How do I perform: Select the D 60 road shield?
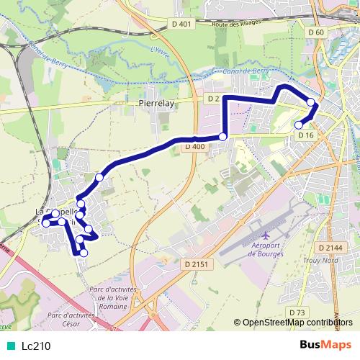(315, 32)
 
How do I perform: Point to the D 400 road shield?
(194, 147)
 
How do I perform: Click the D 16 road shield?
(305, 135)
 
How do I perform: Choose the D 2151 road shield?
(195, 264)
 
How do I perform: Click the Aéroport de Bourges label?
(266, 253)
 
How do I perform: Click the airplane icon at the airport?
(266, 236)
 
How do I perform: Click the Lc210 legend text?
(36, 346)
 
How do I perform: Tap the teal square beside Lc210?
(12, 346)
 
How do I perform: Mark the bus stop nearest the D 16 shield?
(299, 125)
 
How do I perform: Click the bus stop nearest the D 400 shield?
(222, 137)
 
